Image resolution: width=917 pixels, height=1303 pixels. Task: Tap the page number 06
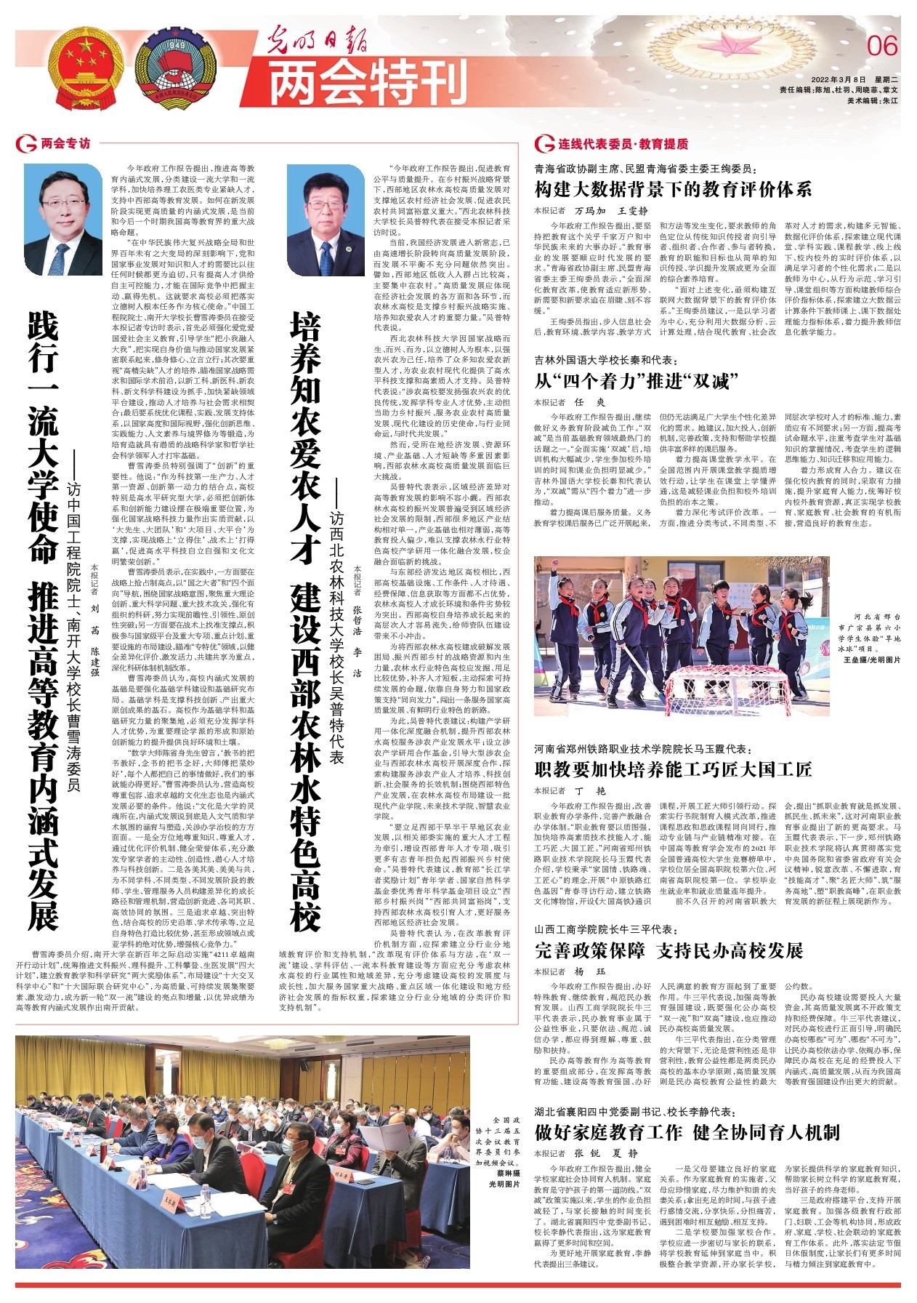pyautogui.click(x=882, y=47)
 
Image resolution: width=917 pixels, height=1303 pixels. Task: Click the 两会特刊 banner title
pyautogui.click(x=368, y=81)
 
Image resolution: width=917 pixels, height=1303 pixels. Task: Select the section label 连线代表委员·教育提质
pyautogui.click(x=622, y=144)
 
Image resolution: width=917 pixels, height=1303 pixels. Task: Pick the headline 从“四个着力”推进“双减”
pyautogui.click(x=636, y=380)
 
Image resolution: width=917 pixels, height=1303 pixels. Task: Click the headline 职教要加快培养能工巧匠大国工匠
pyautogui.click(x=673, y=769)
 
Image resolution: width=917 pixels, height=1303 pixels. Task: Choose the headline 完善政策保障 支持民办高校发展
pyautogui.click(x=668, y=950)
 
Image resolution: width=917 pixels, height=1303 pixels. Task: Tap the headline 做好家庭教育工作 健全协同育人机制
pyautogui.click(x=687, y=1132)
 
